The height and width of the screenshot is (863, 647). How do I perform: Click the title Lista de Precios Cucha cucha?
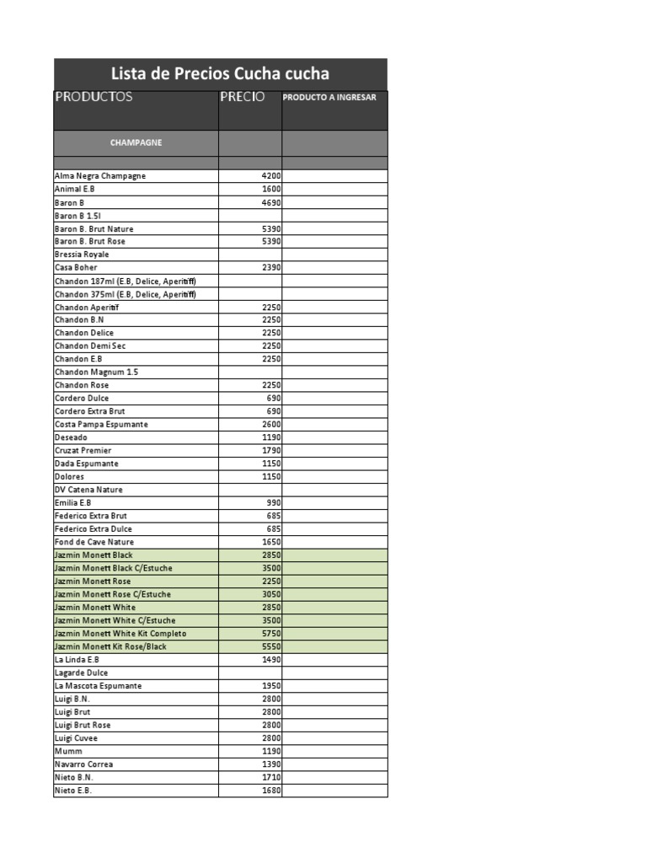pyautogui.click(x=221, y=74)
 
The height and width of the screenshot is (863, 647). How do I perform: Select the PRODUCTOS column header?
pyautogui.click(x=94, y=97)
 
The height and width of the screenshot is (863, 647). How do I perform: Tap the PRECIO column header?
pyautogui.click(x=243, y=97)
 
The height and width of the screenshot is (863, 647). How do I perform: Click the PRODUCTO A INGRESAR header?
pyautogui.click(x=329, y=97)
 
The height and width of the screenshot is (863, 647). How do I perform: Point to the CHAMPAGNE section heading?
pyautogui.click(x=136, y=142)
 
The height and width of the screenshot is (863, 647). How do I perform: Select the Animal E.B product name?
pyautogui.click(x=75, y=190)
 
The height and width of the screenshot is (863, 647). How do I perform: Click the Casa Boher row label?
pyautogui.click(x=76, y=268)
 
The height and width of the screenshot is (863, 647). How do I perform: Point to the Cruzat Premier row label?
pyautogui.click(x=83, y=451)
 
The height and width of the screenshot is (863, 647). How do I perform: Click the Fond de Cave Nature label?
pyautogui.click(x=94, y=542)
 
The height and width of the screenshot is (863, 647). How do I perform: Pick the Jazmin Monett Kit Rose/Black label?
pyautogui.click(x=110, y=646)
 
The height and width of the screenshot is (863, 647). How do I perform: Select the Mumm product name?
pyautogui.click(x=69, y=751)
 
